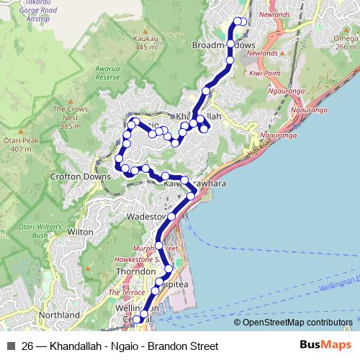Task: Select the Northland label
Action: tap(60, 315)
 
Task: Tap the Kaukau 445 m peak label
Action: tap(145, 42)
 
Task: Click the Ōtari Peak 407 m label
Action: tap(17, 144)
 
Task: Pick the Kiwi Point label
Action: tap(264, 73)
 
